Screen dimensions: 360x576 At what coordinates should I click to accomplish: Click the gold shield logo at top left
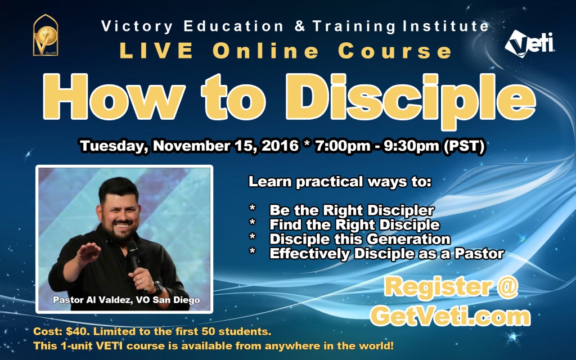[46, 35]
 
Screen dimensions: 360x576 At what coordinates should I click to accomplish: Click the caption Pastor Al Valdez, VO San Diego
[125, 299]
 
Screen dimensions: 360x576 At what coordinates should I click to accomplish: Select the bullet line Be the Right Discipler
[352, 211]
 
